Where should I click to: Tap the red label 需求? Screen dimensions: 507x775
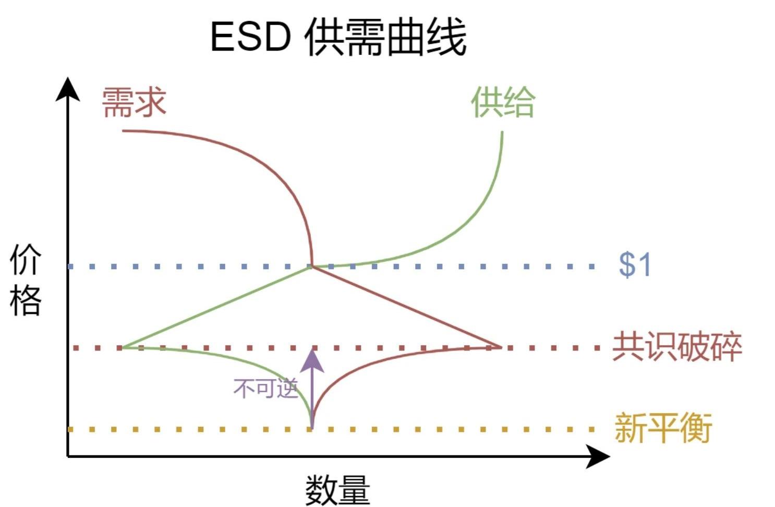pyautogui.click(x=134, y=102)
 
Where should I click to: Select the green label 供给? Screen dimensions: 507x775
pyautogui.click(x=503, y=102)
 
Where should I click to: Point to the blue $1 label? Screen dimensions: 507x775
pyautogui.click(x=635, y=264)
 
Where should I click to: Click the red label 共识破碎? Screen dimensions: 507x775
pyautogui.click(x=677, y=346)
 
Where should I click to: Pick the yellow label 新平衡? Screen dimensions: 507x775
pyautogui.click(x=663, y=428)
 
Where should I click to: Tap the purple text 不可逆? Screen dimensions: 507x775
pyautogui.click(x=265, y=388)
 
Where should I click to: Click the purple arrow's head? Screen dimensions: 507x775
pyautogui.click(x=312, y=359)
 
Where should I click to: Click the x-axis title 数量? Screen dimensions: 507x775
pyautogui.click(x=337, y=489)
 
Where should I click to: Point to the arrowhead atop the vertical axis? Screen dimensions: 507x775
pyautogui.click(x=68, y=89)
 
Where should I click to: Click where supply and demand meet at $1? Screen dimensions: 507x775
pyautogui.click(x=312, y=267)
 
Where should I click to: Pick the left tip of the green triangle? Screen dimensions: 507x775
pyautogui.click(x=122, y=347)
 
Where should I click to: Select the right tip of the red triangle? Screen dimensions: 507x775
pyautogui.click(x=501, y=347)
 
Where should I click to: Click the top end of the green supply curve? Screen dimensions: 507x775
pyautogui.click(x=502, y=132)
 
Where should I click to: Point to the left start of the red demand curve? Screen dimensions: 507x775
pyautogui.click(x=123, y=130)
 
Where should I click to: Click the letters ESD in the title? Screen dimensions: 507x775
pyautogui.click(x=250, y=37)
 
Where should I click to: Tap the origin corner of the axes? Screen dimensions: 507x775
pyautogui.click(x=68, y=456)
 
